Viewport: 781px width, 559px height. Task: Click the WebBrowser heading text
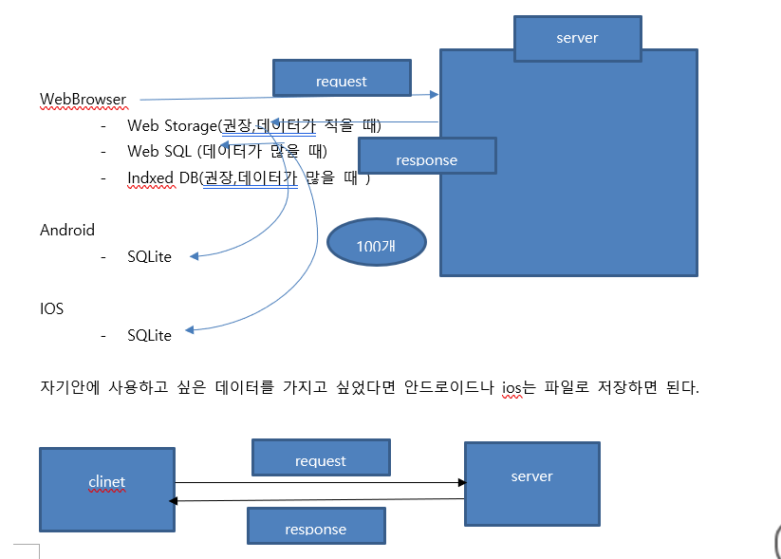tap(84, 99)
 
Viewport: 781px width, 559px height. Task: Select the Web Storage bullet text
tap(252, 125)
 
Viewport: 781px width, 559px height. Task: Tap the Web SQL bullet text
tap(227, 151)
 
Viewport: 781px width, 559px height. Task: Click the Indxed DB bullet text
tap(248, 177)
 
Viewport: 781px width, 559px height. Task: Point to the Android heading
tap(67, 230)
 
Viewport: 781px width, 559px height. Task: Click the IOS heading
tap(51, 308)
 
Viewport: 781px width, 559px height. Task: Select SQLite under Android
tap(149, 256)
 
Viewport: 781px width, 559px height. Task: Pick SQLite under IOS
tap(149, 335)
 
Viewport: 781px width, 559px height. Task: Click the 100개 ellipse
tap(376, 245)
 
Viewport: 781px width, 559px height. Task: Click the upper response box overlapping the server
tap(427, 157)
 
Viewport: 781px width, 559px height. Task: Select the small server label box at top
tap(577, 36)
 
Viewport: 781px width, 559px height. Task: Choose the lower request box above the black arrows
tap(321, 457)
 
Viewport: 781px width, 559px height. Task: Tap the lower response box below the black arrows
tap(315, 526)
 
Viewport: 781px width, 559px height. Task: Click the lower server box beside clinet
tap(531, 483)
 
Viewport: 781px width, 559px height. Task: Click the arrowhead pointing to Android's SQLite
tap(193, 256)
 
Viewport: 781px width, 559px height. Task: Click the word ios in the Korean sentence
tap(512, 388)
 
